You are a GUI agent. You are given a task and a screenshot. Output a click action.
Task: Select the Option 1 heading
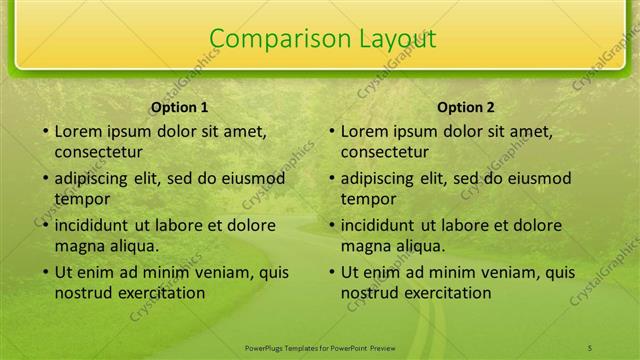point(180,107)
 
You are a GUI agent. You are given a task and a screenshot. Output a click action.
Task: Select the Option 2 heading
point(466,107)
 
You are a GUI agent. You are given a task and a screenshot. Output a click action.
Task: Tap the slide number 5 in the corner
point(590,345)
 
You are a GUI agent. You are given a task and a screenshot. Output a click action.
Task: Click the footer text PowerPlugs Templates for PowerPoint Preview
point(320,345)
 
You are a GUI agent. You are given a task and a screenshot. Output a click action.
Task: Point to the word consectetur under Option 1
point(98,152)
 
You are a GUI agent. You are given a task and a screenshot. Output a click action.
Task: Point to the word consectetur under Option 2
point(384,152)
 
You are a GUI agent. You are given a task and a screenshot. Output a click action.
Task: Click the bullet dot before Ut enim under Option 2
point(332,272)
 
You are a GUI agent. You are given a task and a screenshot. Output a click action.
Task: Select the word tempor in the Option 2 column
point(366,199)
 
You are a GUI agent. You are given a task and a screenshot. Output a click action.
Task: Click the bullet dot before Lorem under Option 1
point(46,131)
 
